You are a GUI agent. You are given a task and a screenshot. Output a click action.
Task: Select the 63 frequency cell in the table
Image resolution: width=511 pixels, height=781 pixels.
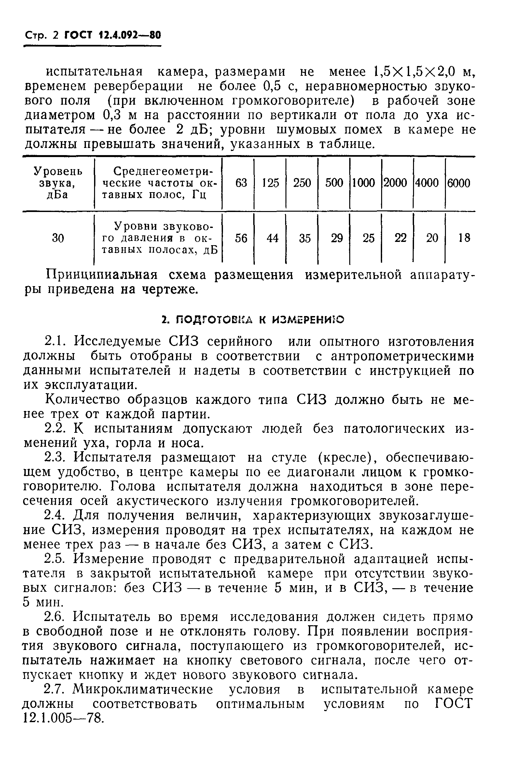click(x=241, y=183)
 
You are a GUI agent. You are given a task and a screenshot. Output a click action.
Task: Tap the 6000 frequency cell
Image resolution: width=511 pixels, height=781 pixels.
click(x=459, y=183)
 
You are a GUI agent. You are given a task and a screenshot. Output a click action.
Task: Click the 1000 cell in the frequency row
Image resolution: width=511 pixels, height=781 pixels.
click(x=364, y=183)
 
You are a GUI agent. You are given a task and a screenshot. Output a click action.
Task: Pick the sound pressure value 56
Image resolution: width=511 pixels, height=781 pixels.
click(x=241, y=238)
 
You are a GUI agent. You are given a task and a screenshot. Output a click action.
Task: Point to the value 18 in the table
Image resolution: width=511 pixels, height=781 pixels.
click(x=464, y=238)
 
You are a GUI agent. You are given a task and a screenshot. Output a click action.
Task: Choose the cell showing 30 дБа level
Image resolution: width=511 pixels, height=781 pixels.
click(x=58, y=238)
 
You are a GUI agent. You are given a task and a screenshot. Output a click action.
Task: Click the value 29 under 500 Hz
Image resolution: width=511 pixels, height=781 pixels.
click(x=337, y=238)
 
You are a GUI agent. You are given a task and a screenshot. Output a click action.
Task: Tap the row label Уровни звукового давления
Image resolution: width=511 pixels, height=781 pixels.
click(x=159, y=238)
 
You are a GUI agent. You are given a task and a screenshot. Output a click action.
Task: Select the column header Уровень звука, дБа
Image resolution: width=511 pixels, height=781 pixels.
click(x=58, y=183)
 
